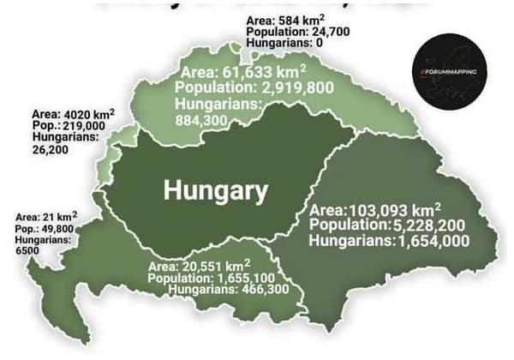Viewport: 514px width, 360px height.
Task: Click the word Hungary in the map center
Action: [215, 190]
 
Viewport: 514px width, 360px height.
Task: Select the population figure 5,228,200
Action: [409, 225]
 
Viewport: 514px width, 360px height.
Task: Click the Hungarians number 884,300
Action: [202, 120]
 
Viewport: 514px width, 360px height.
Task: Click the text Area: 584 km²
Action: [279, 19]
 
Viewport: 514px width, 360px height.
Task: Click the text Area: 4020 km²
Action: [73, 112]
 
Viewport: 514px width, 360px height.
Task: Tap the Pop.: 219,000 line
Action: [66, 124]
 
